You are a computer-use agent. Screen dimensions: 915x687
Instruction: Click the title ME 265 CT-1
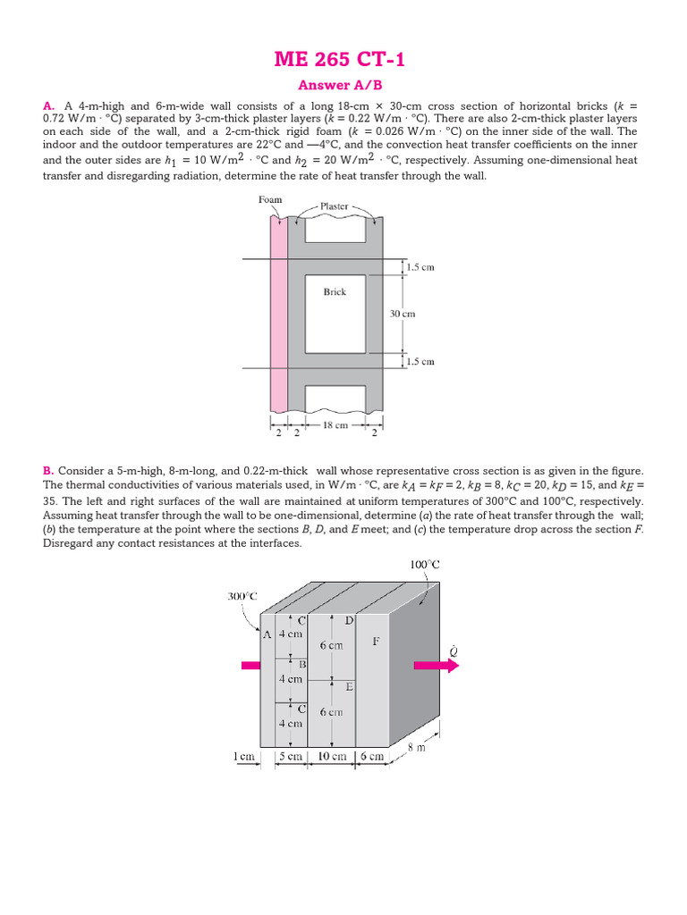tap(343, 60)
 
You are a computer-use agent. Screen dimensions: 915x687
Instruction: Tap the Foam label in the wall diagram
tap(270, 200)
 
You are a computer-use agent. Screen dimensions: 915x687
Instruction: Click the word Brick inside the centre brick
tap(335, 291)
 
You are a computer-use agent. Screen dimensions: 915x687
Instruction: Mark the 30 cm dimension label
tap(402, 314)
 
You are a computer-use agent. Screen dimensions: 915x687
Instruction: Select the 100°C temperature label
tap(425, 565)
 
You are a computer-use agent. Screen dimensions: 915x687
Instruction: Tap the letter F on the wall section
tap(376, 641)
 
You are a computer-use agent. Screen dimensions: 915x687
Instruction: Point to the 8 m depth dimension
tap(440, 747)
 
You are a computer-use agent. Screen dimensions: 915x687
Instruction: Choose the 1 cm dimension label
tap(243, 756)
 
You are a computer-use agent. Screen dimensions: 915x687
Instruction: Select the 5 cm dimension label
tap(290, 756)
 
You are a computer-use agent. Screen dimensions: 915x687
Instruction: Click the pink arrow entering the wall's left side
tap(251, 665)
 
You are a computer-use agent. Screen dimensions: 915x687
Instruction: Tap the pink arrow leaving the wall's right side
tap(435, 666)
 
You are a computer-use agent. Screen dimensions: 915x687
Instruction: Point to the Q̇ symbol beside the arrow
tap(453, 651)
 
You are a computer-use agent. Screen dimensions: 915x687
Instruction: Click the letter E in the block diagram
tap(349, 687)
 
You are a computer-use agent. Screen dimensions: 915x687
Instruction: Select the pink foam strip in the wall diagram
tap(278, 313)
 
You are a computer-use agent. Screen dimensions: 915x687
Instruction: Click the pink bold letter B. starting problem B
tap(48, 471)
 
